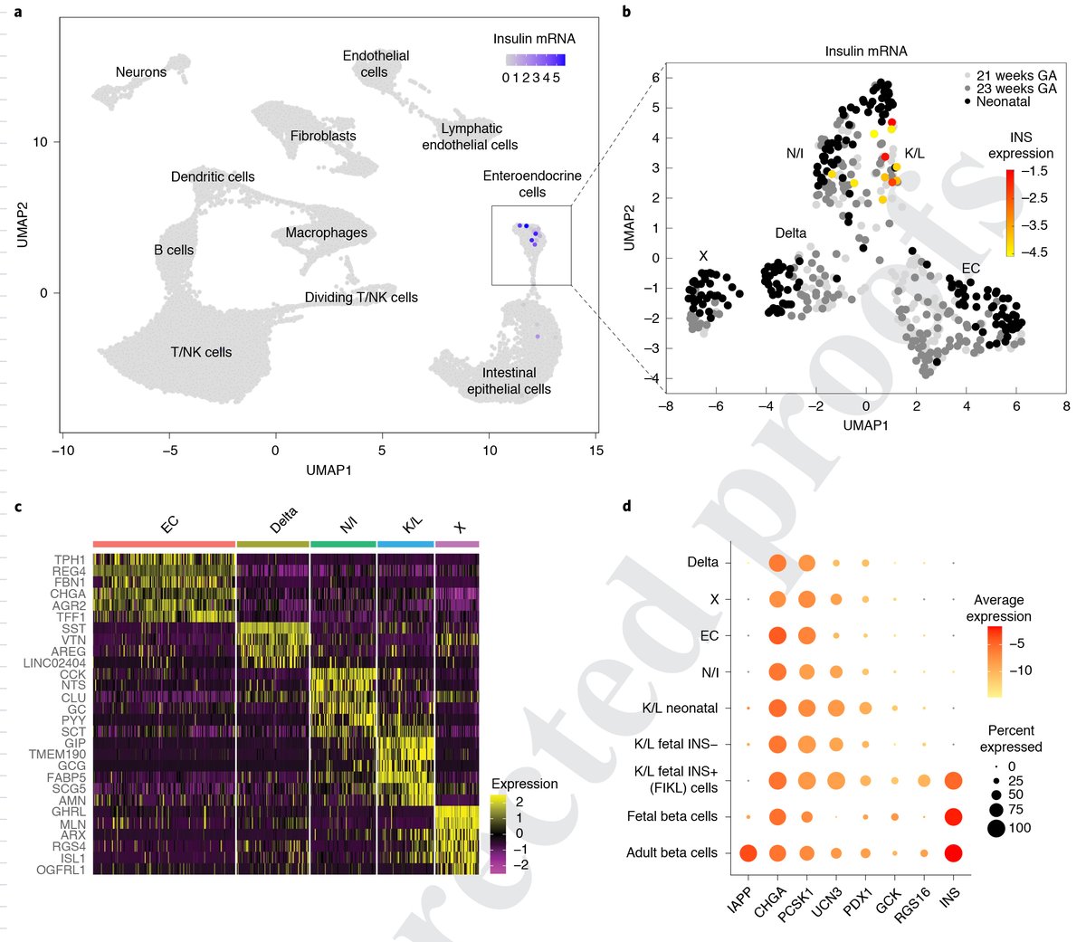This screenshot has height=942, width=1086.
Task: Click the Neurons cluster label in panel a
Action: point(141,72)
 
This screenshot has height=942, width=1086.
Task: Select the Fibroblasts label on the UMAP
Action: point(323,137)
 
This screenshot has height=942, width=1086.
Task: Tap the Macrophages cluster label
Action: point(326,233)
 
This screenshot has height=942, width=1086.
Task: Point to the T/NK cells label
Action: point(201,353)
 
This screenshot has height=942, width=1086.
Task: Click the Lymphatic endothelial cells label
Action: point(470,137)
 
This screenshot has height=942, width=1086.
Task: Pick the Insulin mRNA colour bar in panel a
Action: point(535,60)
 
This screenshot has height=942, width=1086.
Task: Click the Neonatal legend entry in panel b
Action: point(1003,102)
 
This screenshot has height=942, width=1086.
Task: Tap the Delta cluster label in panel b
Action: point(790,233)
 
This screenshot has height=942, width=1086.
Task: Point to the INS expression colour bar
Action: point(1010,213)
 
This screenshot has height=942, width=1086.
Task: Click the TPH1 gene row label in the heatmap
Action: point(70,560)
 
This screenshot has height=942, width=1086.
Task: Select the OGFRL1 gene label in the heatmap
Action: point(62,871)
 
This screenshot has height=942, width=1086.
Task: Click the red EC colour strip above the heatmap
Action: point(164,544)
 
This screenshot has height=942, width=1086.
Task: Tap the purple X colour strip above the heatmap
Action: point(457,544)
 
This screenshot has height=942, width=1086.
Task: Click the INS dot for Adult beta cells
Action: point(953,852)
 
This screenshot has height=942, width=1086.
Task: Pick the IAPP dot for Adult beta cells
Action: point(748,852)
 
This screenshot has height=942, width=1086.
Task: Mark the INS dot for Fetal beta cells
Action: point(953,817)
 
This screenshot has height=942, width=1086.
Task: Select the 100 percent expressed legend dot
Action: point(987,828)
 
